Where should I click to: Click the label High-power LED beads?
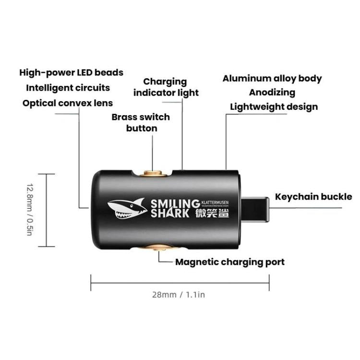click(x=71, y=73)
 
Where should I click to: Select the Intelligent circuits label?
click(x=68, y=88)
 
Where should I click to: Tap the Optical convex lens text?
click(x=68, y=103)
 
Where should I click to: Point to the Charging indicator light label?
click(x=166, y=87)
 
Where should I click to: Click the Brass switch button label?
click(x=141, y=122)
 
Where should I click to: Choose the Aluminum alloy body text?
click(x=272, y=79)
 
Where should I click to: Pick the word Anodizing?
click(x=272, y=93)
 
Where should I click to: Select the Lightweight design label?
click(x=274, y=107)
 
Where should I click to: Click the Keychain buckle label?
click(x=313, y=197)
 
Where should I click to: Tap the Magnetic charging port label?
click(x=229, y=262)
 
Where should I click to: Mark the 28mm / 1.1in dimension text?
click(x=179, y=295)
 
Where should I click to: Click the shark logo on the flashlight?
click(x=126, y=208)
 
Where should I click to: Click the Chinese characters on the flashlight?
click(x=213, y=213)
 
